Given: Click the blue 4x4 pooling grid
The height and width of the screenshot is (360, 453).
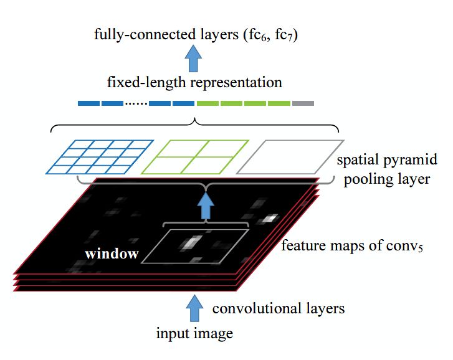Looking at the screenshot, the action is tap(99, 157).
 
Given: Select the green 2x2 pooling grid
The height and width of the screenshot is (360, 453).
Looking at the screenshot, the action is tap(194, 157).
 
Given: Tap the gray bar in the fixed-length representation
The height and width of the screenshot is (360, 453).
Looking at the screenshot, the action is tap(303, 103).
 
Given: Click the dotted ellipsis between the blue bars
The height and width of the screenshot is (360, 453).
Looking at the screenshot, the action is tap(136, 103).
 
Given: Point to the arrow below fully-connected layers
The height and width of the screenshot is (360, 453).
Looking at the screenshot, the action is tap(193, 59).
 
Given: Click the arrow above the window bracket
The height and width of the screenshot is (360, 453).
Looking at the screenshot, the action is tap(206, 206).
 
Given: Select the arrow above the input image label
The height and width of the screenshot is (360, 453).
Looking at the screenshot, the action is tap(194, 308).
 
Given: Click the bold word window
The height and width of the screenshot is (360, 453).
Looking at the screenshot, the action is tap(112, 253).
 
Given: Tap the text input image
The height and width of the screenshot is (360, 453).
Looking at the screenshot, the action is tap(194, 334).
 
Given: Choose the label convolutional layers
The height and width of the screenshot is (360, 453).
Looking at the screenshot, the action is tap(279, 308).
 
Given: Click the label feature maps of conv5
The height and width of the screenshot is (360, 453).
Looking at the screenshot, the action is tap(352, 246).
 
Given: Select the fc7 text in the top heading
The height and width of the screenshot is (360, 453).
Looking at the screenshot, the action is tap(286, 36).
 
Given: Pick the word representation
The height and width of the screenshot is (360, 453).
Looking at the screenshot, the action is tap(236, 83).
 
